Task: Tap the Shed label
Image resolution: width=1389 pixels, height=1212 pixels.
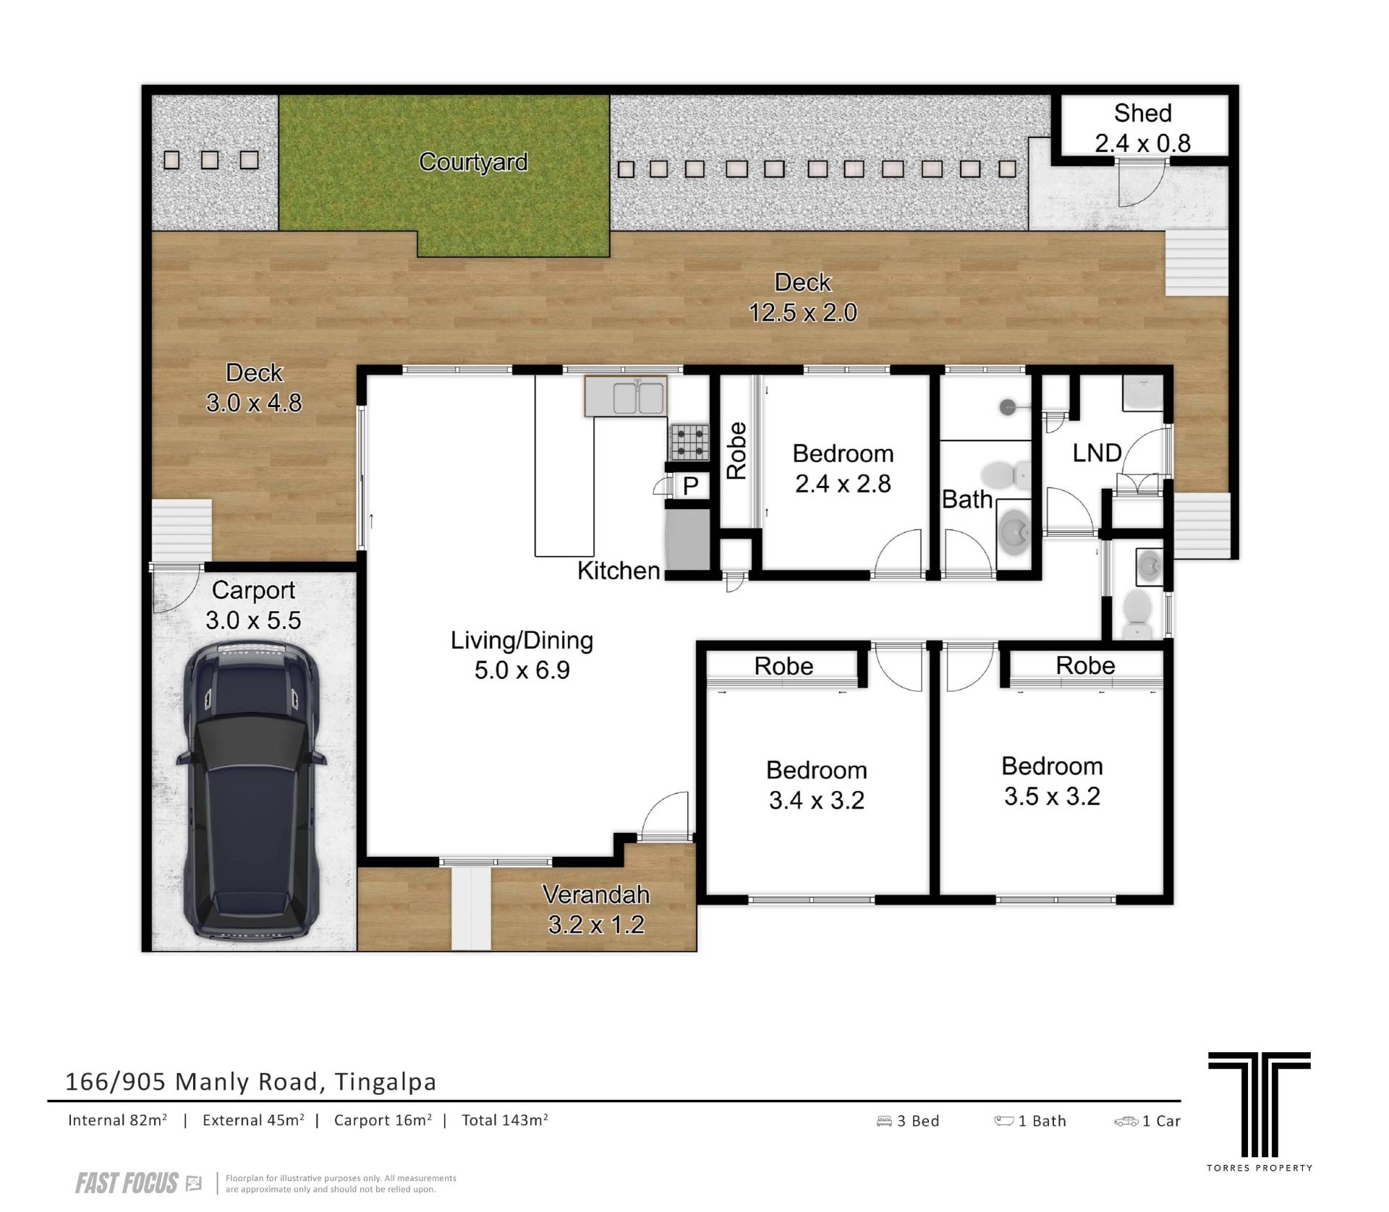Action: click(1142, 113)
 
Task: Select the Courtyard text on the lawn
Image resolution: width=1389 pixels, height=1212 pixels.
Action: click(473, 161)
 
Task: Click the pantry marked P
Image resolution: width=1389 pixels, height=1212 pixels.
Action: click(690, 486)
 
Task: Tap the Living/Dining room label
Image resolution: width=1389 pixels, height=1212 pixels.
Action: click(522, 640)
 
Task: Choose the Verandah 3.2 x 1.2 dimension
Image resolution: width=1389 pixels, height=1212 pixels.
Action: click(596, 925)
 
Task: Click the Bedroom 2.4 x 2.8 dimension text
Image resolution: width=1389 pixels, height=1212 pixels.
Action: click(843, 484)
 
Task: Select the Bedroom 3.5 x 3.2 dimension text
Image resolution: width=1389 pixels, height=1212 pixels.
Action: click(1052, 796)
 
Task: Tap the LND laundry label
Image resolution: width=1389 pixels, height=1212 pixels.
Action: click(1097, 453)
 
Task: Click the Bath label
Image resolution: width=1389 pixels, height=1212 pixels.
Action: click(967, 499)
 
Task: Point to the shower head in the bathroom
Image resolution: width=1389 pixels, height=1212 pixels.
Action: click(1008, 408)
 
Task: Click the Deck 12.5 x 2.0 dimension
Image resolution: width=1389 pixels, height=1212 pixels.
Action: click(803, 312)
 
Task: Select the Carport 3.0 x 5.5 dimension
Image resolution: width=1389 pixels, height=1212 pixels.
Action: click(253, 620)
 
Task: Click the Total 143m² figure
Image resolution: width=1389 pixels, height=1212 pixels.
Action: click(505, 1120)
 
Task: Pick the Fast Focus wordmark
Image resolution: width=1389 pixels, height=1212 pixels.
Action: click(127, 1183)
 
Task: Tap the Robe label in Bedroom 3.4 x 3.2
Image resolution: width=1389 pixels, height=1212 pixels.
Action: click(783, 666)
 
